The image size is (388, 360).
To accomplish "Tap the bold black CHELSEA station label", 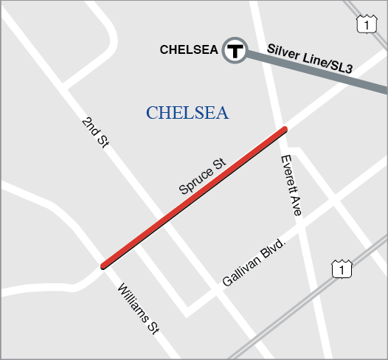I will (x=189, y=50).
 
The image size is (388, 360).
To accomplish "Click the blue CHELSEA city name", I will (x=187, y=113).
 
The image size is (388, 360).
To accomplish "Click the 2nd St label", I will (x=95, y=132).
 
